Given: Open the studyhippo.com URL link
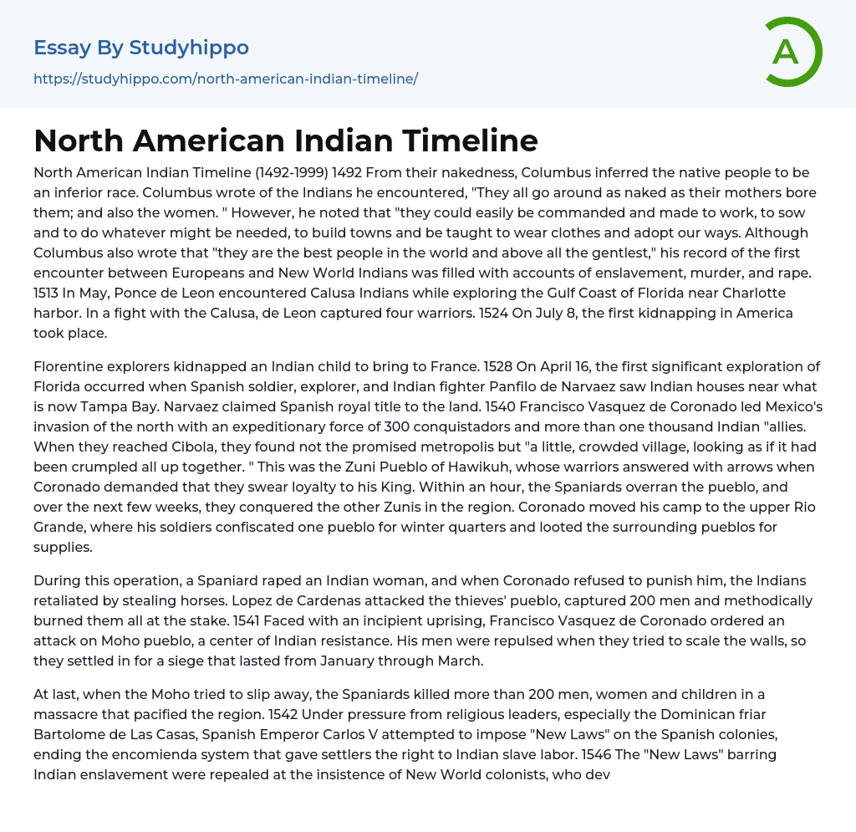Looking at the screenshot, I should [226, 79].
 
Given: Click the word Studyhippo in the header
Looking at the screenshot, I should [189, 48].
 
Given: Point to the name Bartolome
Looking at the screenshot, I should [71, 734].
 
